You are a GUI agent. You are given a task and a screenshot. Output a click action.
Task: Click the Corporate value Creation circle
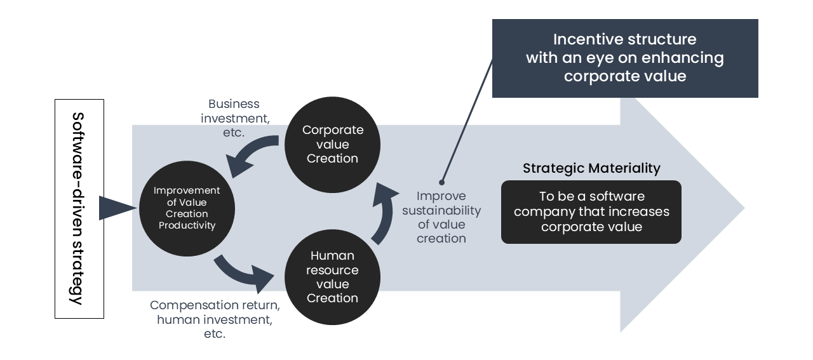tap(332, 144)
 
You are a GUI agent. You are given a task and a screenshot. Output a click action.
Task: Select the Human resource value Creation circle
tap(332, 277)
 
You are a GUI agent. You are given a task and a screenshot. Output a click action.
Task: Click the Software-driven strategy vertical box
tap(79, 208)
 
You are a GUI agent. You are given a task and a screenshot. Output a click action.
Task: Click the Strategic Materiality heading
tap(591, 168)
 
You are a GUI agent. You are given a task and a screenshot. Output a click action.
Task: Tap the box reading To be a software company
tap(591, 212)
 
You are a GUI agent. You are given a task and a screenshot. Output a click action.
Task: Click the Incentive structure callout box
tap(625, 58)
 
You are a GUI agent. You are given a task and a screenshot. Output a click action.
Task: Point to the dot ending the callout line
tap(441, 182)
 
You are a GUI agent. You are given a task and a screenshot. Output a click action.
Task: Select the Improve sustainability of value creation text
tap(441, 217)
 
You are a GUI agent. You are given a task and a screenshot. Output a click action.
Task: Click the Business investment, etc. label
tap(234, 119)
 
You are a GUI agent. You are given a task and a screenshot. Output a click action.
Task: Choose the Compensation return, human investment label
tap(215, 319)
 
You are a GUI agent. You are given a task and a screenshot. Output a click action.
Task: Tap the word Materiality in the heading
tap(626, 168)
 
